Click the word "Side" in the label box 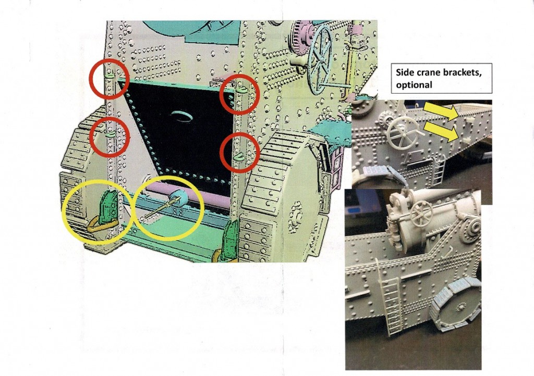coord(404,72)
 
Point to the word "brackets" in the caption coord(461,73)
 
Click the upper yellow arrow coord(441,111)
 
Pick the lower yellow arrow coord(441,131)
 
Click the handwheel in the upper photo coord(403,135)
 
